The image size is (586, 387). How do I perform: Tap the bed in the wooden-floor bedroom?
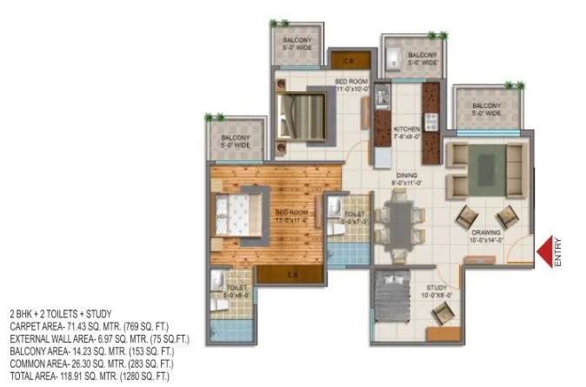236,213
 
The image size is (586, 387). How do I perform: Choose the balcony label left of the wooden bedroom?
235,141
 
